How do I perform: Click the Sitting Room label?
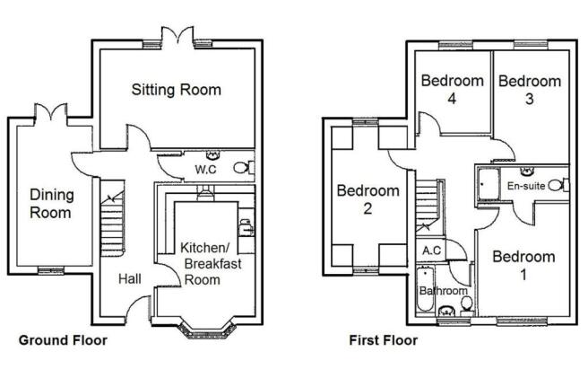pyautogui.click(x=177, y=90)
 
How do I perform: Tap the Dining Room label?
pyautogui.click(x=52, y=203)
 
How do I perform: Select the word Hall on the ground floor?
pyautogui.click(x=130, y=279)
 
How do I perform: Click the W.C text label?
pyautogui.click(x=205, y=169)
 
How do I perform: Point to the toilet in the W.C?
pyautogui.click(x=244, y=168)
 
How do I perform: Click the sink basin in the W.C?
pyautogui.click(x=212, y=154)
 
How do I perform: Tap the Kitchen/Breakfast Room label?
pyautogui.click(x=211, y=264)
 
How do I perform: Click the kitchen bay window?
pyautogui.click(x=207, y=329)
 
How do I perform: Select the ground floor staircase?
pyautogui.click(x=113, y=218)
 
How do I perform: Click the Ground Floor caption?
pyautogui.click(x=63, y=340)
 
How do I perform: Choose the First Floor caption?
pyautogui.click(x=384, y=340)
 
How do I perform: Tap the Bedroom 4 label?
pyautogui.click(x=453, y=90)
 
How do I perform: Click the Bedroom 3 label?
pyautogui.click(x=530, y=90)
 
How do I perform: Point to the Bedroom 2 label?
pyautogui.click(x=367, y=199)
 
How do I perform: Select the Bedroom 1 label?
pyautogui.click(x=523, y=265)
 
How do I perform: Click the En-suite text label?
pyautogui.click(x=526, y=186)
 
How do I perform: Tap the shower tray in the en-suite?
pyautogui.click(x=489, y=184)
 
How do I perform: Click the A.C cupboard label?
pyautogui.click(x=432, y=251)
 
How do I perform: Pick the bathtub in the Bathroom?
pyautogui.click(x=425, y=288)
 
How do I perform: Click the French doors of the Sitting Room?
pyautogui.click(x=177, y=36)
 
